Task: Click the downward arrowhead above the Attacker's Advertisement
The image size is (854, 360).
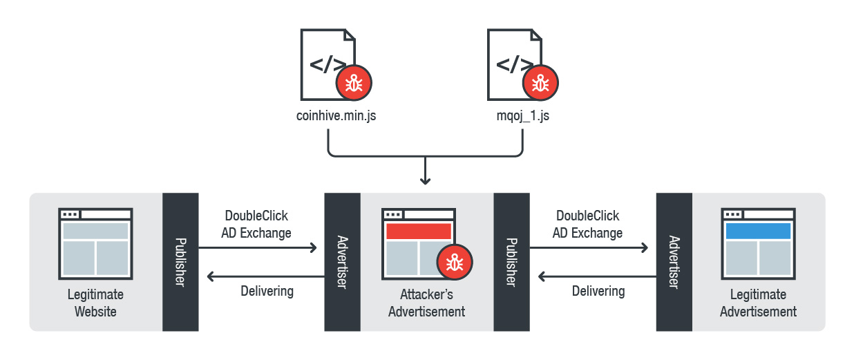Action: coord(426,180)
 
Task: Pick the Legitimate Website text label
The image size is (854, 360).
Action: coord(95,303)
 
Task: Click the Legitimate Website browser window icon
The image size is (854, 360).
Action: coord(95,242)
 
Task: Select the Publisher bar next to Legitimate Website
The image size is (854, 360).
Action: coord(180,262)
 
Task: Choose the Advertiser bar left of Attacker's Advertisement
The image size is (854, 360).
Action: coord(342,262)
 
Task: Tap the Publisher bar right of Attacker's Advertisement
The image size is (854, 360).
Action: coord(512,262)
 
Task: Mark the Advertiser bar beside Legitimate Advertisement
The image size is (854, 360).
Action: coord(674,262)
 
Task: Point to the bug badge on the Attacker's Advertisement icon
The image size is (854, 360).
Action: coord(454,262)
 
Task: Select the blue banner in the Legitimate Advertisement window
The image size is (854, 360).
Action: coord(757,231)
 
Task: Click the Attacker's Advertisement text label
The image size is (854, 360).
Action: coord(426,303)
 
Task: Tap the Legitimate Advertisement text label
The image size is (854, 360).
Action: coord(758,303)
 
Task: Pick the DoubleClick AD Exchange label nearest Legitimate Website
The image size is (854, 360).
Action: coord(256,224)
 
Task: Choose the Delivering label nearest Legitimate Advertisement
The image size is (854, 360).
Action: coord(598,291)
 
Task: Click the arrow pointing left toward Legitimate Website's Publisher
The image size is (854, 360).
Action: coord(262,276)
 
